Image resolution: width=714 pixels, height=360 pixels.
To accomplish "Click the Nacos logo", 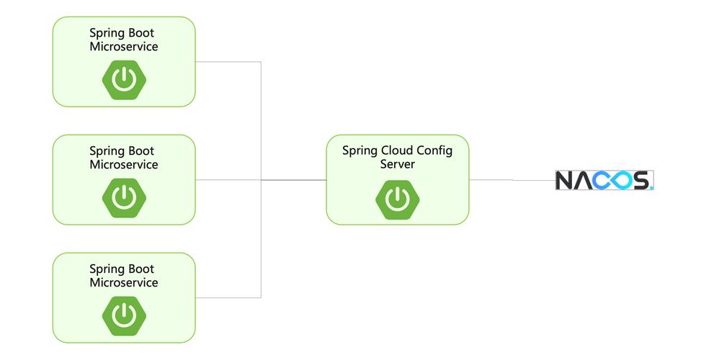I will coord(604,180).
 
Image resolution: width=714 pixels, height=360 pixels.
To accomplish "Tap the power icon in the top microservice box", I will coord(124,79).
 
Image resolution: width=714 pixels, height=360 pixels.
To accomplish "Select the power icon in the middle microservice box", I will coord(124,197).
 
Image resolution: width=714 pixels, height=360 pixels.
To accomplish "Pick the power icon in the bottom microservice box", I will coord(124,315).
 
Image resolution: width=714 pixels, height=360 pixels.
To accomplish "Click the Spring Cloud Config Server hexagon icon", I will coord(397,197).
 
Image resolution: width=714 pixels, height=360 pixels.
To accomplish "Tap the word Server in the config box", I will coord(397,164).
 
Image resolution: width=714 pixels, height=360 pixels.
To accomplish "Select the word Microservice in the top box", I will coord(124,47).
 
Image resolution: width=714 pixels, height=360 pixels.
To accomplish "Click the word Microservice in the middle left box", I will coord(124,165).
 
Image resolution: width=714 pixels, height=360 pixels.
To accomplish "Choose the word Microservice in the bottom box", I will coord(124,283).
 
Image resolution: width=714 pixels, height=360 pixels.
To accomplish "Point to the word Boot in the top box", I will coord(141,33).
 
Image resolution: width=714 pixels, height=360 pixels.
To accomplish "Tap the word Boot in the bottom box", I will coord(141,269).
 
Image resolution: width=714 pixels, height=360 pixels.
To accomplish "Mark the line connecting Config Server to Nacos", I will coord(512,180).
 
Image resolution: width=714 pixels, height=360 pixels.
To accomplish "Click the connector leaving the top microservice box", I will coord(227,62).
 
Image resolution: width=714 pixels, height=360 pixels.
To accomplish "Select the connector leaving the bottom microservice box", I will coord(227,297).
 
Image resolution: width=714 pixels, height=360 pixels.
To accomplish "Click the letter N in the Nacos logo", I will coord(566,180).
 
